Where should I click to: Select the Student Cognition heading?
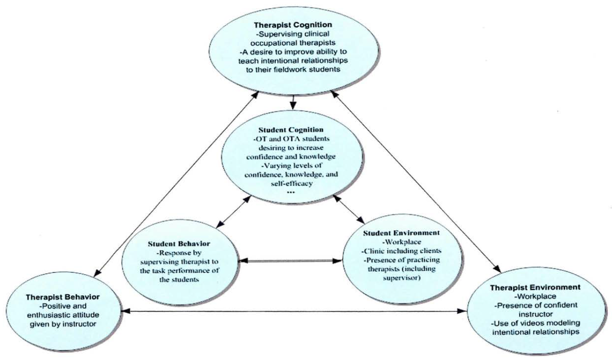(x=292, y=129)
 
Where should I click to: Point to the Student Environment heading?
(x=402, y=232)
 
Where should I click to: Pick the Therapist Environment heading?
(x=535, y=288)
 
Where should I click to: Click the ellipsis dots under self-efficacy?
(x=292, y=192)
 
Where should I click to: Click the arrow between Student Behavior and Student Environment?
(x=290, y=261)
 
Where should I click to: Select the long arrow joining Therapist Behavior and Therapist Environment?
(x=297, y=311)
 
